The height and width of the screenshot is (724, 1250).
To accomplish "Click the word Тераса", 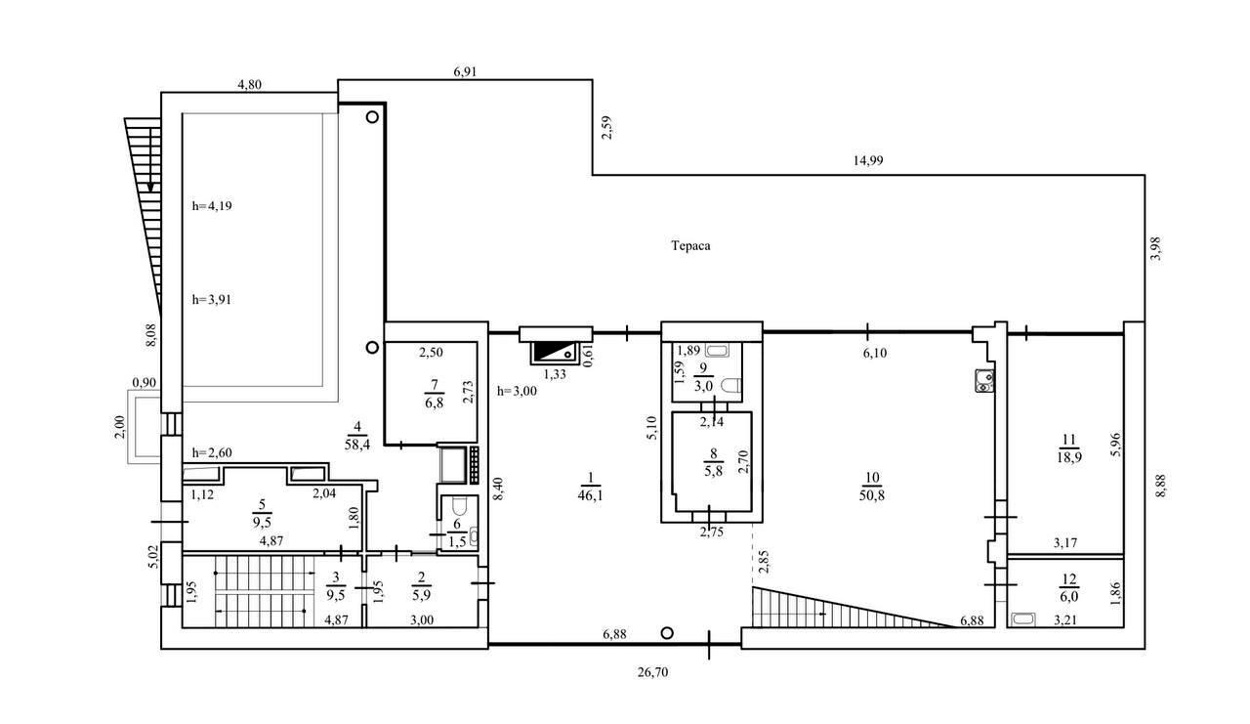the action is tap(690, 246).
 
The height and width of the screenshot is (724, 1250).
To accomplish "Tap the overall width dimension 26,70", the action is tap(653, 672).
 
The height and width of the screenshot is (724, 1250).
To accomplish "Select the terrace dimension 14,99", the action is tap(868, 161).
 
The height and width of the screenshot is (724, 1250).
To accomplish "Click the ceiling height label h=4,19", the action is tap(212, 206).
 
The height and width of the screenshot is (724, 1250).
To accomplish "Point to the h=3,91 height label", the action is tap(212, 300).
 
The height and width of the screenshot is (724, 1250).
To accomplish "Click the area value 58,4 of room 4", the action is tap(357, 446).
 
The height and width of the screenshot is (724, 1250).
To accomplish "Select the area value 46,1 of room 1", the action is tap(591, 495).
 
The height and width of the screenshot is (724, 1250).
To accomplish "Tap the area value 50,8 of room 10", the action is tap(872, 495).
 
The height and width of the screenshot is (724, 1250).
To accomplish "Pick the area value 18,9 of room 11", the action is tap(1068, 457).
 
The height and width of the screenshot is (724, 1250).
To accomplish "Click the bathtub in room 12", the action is tap(1023, 619).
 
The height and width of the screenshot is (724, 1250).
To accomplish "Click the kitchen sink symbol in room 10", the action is tap(984, 381).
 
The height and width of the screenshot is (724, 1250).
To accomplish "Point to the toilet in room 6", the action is tap(460, 507).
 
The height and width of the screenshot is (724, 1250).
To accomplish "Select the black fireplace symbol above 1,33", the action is tap(555, 353).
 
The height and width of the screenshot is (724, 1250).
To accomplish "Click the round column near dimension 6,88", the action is tap(667, 633).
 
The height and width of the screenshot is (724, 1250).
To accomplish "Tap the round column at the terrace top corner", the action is tap(372, 116).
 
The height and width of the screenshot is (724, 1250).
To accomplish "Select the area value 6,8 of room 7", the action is tap(435, 403).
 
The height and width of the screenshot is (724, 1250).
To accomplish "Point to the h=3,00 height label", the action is tap(517, 391).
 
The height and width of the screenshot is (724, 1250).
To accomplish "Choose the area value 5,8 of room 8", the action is tap(713, 471).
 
